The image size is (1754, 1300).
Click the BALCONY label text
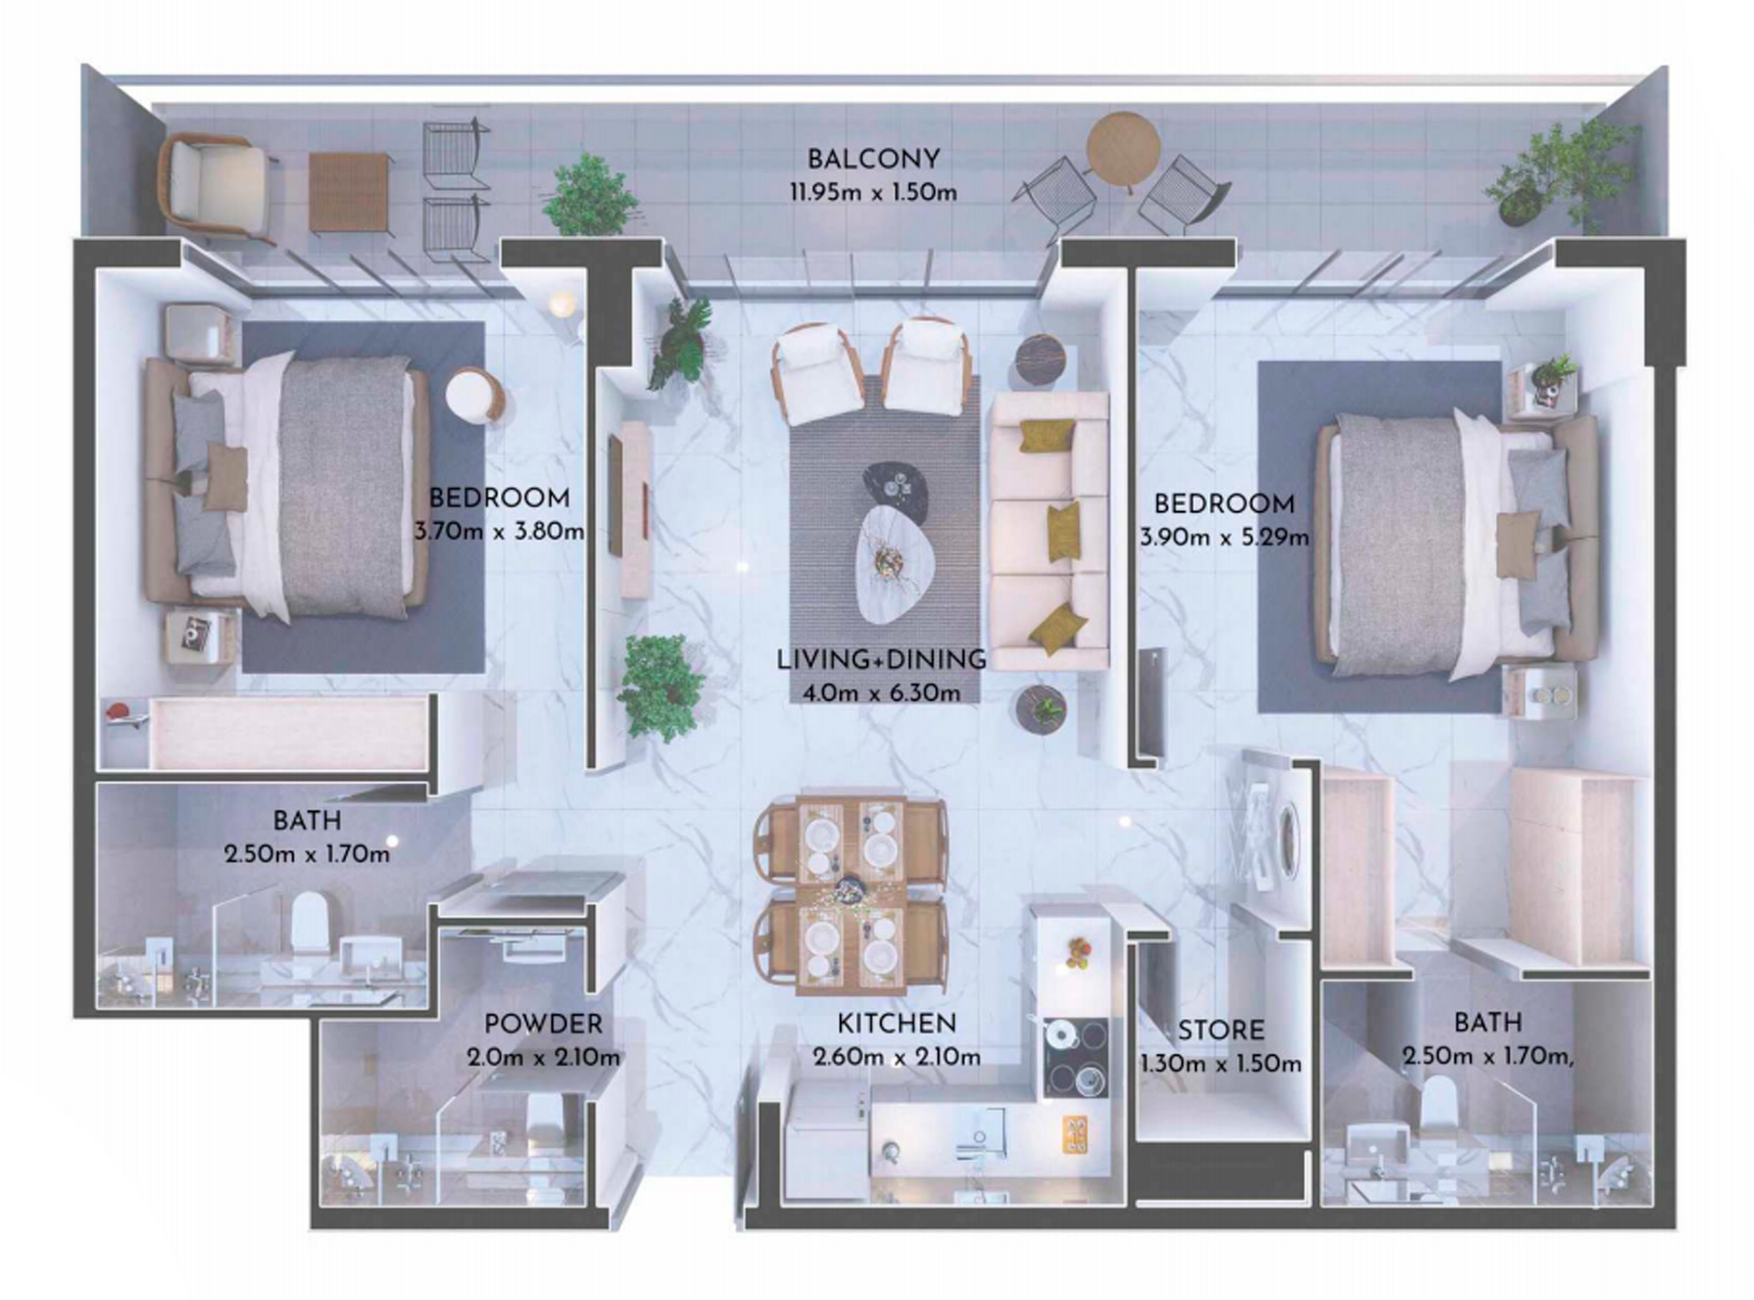874,159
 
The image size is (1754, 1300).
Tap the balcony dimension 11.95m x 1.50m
874,193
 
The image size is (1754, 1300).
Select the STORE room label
1220,1030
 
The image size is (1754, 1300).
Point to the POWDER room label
543,1024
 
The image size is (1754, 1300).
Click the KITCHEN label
896,1023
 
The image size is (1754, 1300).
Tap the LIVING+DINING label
881,660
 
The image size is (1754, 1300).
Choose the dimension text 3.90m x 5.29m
1224,538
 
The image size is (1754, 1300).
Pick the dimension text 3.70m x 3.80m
499,532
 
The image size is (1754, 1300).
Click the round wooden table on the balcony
1123,149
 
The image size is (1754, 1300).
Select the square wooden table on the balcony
348,192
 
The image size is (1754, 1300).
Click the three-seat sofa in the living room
1049,531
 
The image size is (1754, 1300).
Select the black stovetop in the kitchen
1076,1057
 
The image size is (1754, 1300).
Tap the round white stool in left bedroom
474,394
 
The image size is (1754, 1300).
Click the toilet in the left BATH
308,923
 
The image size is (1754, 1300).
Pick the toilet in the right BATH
1438,1105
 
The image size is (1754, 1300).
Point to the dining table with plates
850,897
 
